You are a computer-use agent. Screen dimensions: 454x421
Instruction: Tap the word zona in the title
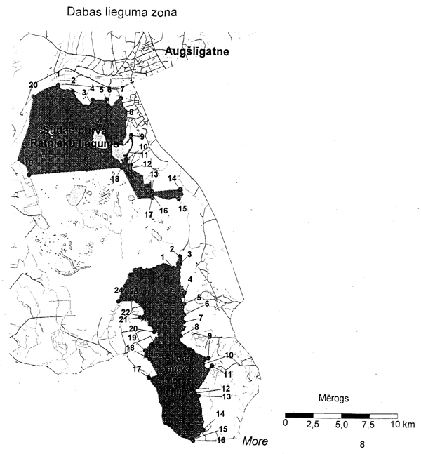(158, 13)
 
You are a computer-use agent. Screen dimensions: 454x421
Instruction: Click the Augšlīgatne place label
(199, 52)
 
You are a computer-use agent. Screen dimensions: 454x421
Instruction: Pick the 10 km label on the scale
(403, 425)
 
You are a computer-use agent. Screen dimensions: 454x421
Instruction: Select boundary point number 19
(133, 338)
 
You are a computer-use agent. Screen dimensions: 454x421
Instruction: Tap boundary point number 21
(123, 319)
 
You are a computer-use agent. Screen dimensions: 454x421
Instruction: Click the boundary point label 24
(118, 291)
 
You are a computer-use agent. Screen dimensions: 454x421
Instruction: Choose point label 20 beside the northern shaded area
(33, 85)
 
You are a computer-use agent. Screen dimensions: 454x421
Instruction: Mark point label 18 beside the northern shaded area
(115, 180)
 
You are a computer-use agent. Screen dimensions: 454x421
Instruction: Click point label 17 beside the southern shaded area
(138, 369)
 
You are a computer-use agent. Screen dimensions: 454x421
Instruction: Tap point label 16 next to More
(222, 440)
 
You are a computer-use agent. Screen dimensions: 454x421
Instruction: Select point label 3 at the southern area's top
(189, 255)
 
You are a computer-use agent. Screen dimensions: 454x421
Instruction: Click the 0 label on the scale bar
(286, 425)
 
